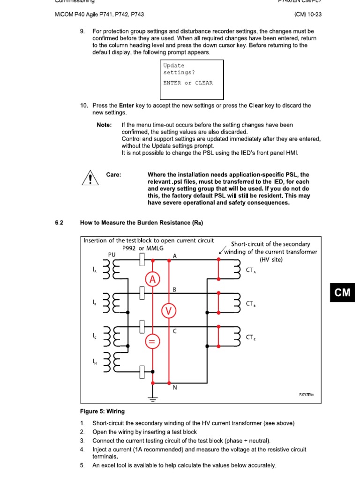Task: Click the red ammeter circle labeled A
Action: click(152, 280)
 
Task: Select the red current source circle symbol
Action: click(152, 342)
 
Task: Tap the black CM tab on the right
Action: click(342, 292)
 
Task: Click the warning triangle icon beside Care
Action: click(88, 178)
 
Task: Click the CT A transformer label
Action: click(252, 271)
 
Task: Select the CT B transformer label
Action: click(252, 304)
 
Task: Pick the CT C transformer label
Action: click(252, 337)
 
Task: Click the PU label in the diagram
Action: click(112, 255)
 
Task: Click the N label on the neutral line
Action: click(174, 387)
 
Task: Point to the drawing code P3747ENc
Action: click(307, 395)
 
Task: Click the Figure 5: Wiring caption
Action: click(102, 412)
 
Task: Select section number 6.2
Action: click(59, 223)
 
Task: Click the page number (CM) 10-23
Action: click(307, 15)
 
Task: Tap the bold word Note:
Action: click(104, 125)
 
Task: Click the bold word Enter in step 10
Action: click(127, 106)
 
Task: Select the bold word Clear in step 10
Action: click(256, 106)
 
